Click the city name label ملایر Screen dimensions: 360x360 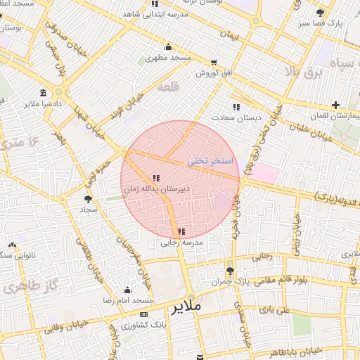[x=186, y=307]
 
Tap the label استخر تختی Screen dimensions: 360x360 [x=210, y=161]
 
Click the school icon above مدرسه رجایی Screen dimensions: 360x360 [x=181, y=231]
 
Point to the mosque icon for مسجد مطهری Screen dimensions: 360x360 [x=167, y=47]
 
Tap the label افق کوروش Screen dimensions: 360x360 [x=213, y=72]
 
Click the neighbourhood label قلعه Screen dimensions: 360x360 [x=167, y=87]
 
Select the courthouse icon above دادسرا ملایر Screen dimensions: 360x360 [x=44, y=94]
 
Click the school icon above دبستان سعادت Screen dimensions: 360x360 [x=236, y=107]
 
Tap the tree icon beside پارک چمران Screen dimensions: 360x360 [x=230, y=271]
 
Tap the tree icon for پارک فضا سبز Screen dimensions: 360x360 [x=321, y=13]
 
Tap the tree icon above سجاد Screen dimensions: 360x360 [x=87, y=200]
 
